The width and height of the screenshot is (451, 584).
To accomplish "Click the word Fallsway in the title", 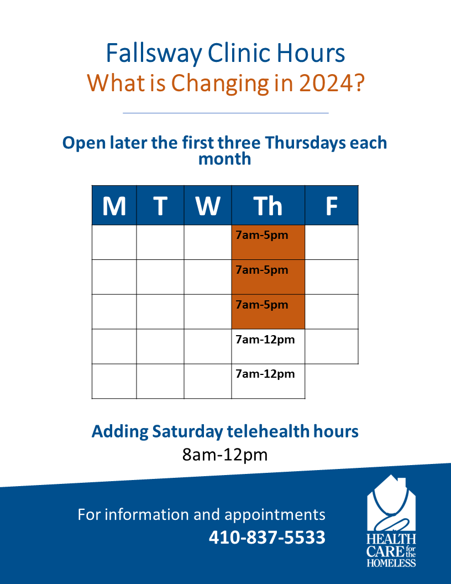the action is coord(154,54).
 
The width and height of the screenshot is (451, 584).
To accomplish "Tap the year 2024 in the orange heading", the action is coord(332,83).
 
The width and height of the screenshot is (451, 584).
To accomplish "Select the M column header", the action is coord(114,205).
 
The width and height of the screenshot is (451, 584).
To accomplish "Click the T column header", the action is coord(160,205).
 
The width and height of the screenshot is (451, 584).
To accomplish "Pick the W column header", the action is coord(208,205).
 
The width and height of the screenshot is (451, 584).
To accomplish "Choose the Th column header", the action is coord(268,205).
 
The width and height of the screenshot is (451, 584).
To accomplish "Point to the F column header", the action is coord(332,205).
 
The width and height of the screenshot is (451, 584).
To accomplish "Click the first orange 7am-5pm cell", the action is coord(268,242).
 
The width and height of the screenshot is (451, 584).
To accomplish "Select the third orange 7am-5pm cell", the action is coord(268,312).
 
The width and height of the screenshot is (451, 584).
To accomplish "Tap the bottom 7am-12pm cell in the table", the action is coord(268,381).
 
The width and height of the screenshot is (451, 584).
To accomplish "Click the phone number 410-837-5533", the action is coord(267,537).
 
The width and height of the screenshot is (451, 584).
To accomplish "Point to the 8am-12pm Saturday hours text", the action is coord(225,455).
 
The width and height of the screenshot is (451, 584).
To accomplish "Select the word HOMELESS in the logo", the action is coord(391,562).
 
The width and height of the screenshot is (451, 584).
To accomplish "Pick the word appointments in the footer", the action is coord(275,515).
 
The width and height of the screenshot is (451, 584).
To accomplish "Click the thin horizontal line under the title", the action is coord(225,113).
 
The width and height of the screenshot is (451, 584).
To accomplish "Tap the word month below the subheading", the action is coord(225,159).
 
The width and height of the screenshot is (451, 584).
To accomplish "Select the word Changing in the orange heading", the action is coord(220,84).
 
